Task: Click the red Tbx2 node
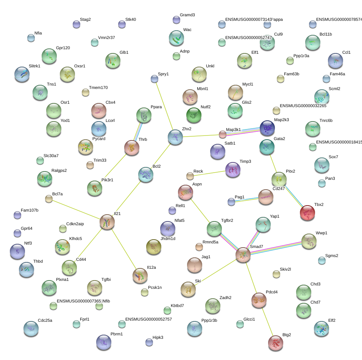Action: click(307, 213)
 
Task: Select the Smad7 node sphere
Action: click(243, 255)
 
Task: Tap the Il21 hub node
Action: click(107, 222)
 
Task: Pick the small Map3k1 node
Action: click(223, 134)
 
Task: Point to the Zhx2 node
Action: click(175, 137)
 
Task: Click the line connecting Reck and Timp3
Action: click(209, 173)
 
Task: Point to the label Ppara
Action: click(156, 107)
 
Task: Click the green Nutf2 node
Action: click(194, 115)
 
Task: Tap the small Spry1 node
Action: click(154, 79)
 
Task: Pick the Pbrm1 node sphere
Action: click(104, 342)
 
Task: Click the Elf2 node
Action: click(321, 328)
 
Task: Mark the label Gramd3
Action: click(187, 15)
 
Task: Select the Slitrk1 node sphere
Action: click(22, 74)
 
